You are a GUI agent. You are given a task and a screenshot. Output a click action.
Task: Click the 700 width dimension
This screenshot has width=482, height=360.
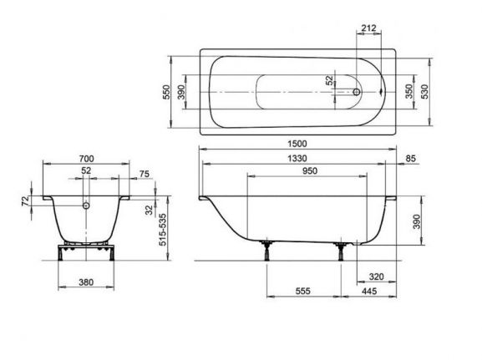click(86, 157)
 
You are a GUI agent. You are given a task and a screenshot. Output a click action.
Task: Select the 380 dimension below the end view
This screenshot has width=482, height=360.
click(85, 281)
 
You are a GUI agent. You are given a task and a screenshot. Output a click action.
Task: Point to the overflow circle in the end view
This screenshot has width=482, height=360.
click(86, 205)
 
